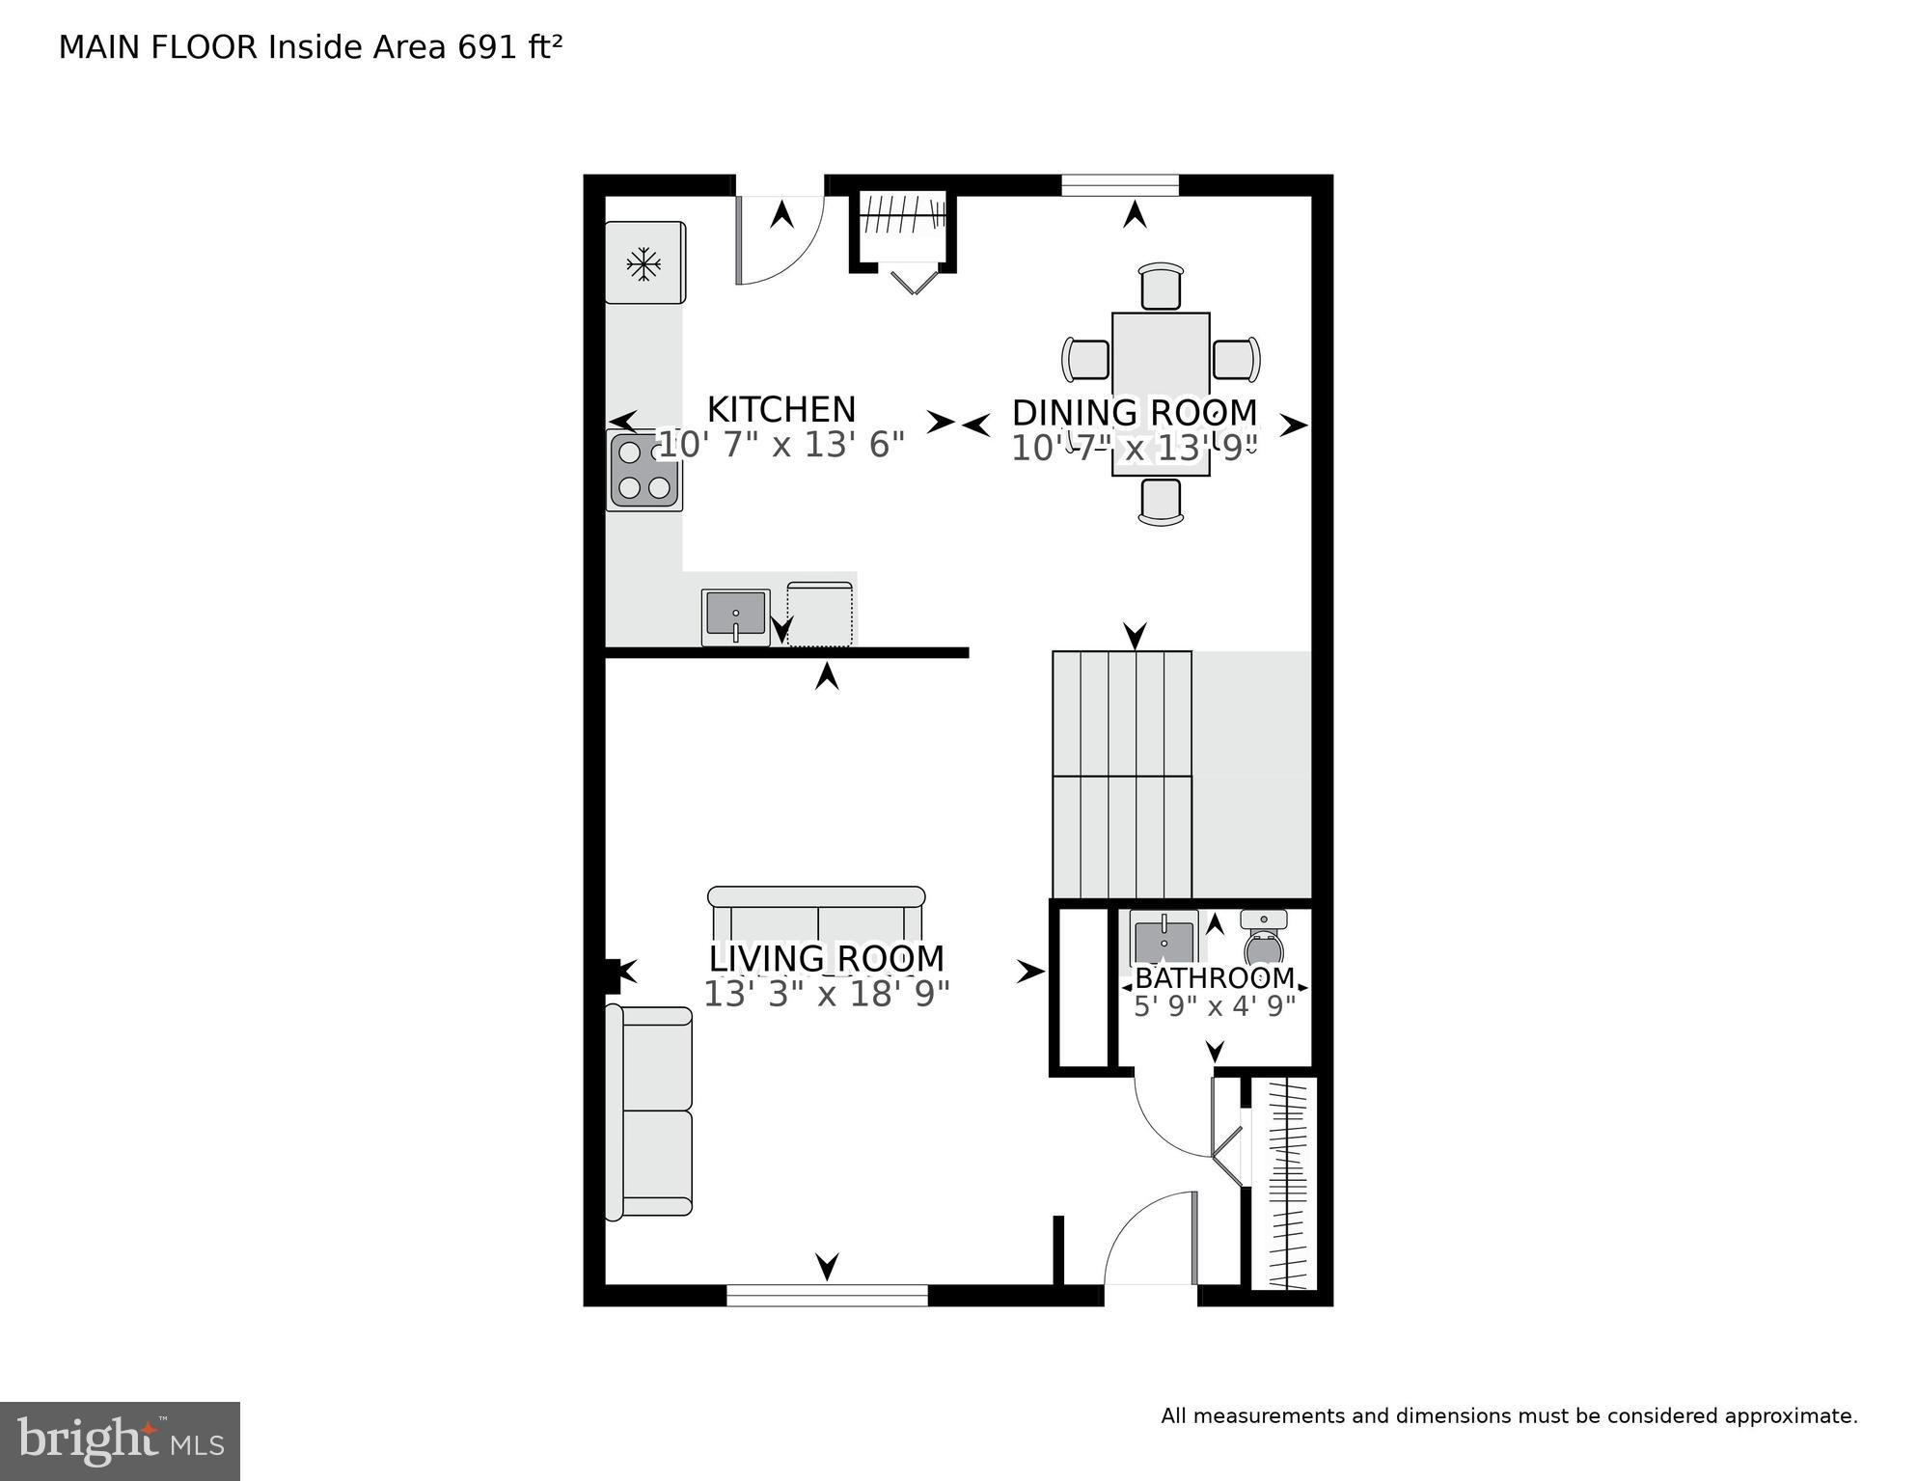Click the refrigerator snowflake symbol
coord(644,263)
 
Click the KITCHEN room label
coord(781,410)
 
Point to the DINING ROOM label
coord(1135,413)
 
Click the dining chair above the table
coord(1161,287)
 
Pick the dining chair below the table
coord(1161,502)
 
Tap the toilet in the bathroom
coord(1264,938)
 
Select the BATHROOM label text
coord(1215,978)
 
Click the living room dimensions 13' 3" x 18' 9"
coord(827,995)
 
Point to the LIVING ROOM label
coord(827,959)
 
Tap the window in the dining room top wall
coord(1120,185)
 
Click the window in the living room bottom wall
coord(827,1295)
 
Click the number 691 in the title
coord(488,47)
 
